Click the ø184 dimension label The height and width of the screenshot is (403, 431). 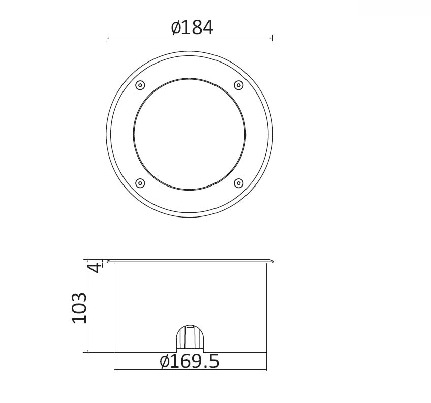coord(192,27)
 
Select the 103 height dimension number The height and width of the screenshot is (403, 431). coord(79,308)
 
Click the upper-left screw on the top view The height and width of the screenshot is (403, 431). coord(140,85)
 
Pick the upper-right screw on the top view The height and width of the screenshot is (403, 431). coord(238,85)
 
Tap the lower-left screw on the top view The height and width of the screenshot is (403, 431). coord(140,183)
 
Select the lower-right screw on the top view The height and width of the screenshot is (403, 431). coord(238,183)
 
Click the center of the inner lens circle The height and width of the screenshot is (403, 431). coord(190,134)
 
